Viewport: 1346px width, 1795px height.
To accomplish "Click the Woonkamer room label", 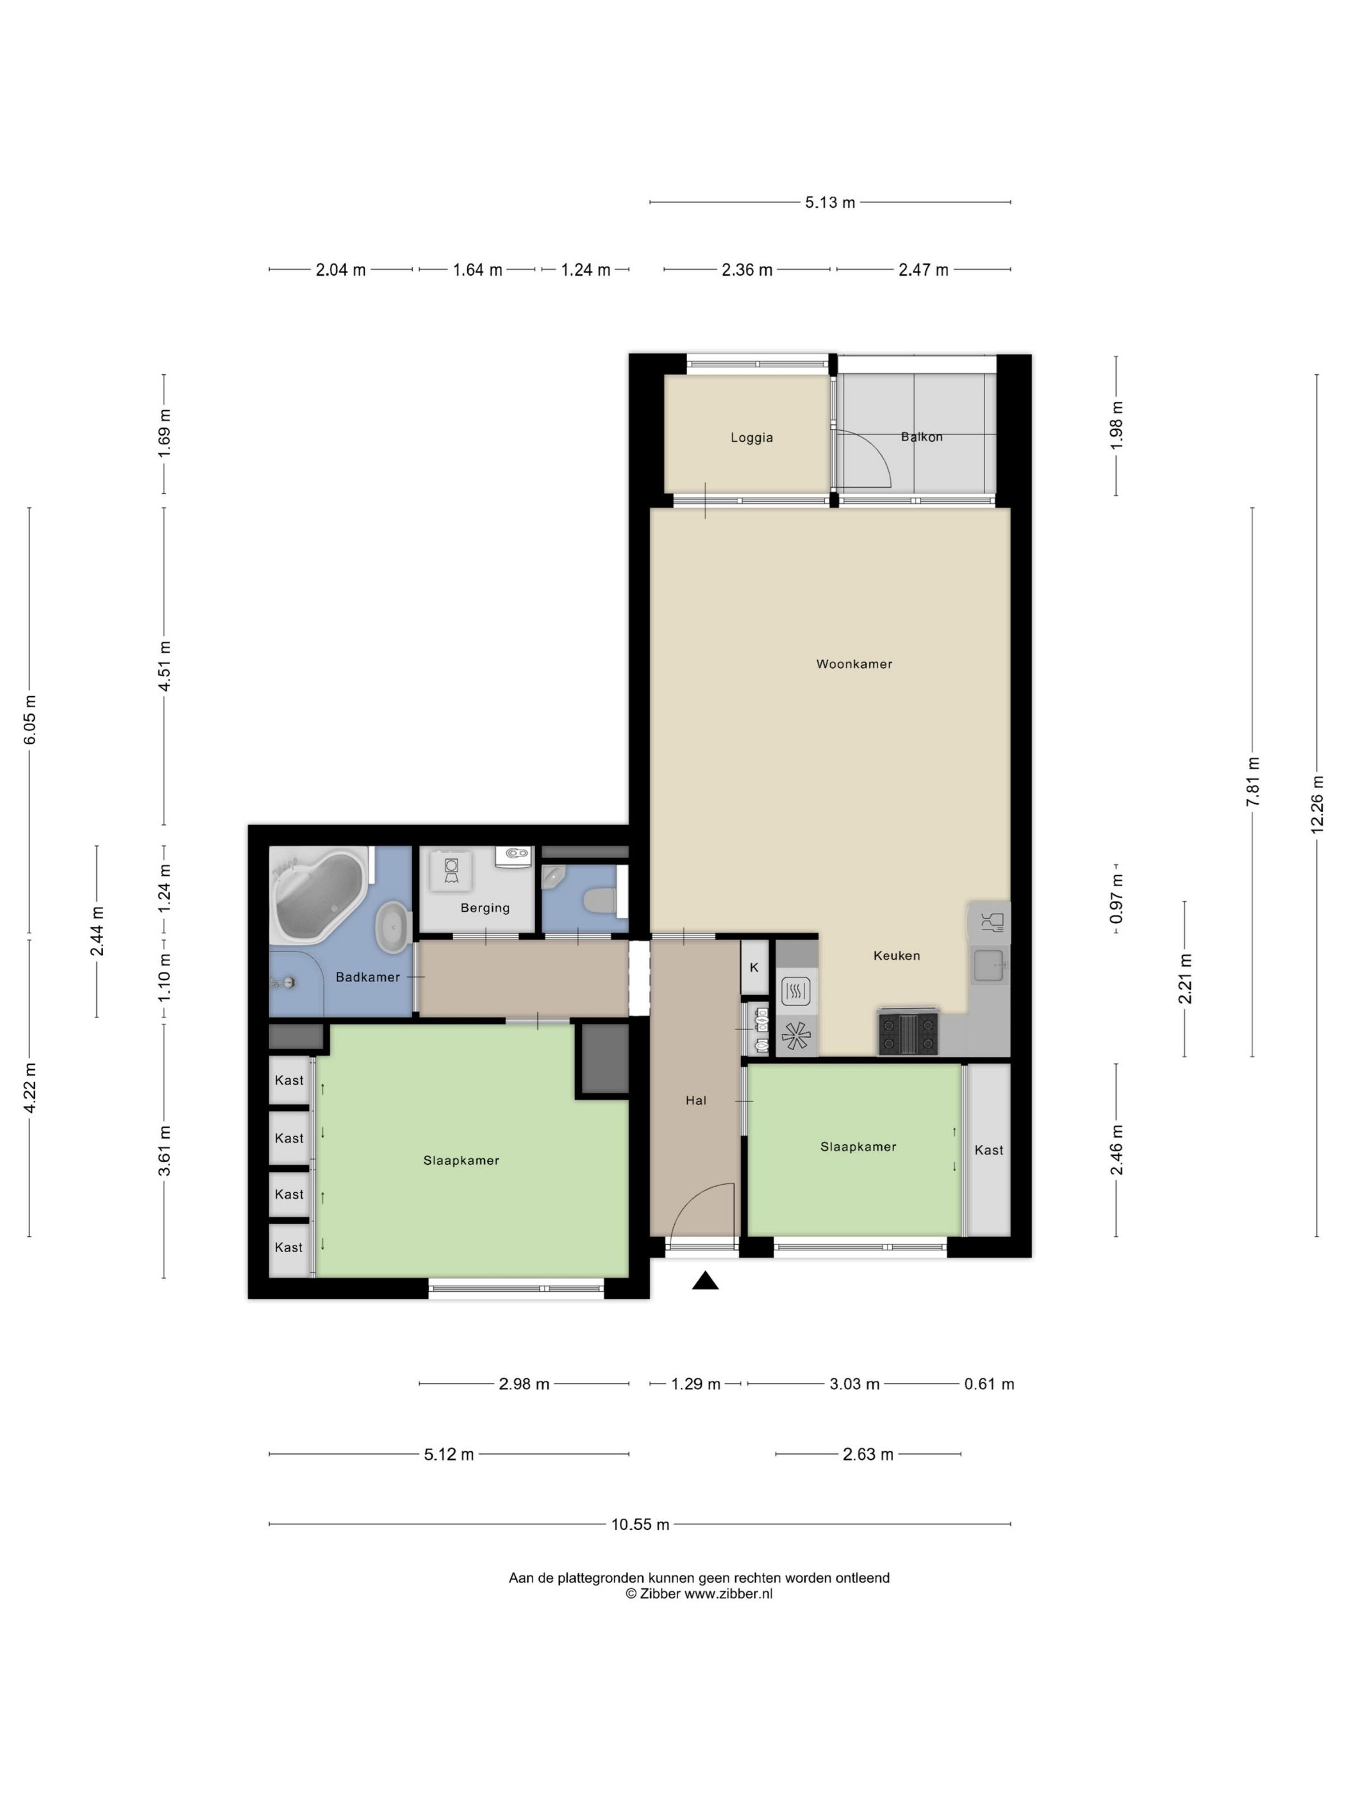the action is pyautogui.click(x=854, y=664).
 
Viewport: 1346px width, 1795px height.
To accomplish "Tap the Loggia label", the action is pyautogui.click(x=751, y=437).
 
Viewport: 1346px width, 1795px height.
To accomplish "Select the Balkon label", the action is pyautogui.click(x=922, y=437).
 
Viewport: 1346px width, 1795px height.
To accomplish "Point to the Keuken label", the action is pyautogui.click(x=897, y=955).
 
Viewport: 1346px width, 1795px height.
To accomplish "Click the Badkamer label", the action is pyautogui.click(x=367, y=977).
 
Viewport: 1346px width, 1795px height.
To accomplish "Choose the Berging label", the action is pyautogui.click(x=485, y=908).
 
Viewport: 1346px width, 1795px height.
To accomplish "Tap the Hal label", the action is pyautogui.click(x=696, y=1100).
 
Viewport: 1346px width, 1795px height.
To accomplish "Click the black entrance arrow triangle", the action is pyautogui.click(x=706, y=1280).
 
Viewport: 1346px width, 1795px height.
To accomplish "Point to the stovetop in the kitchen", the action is pyautogui.click(x=908, y=1033).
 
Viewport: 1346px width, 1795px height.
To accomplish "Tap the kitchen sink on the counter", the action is pyautogui.click(x=990, y=965).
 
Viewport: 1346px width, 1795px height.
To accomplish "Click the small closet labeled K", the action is pyautogui.click(x=754, y=967).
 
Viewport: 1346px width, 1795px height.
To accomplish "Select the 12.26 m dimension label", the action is pyautogui.click(x=1317, y=803).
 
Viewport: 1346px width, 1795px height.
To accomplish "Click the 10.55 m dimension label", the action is pyautogui.click(x=640, y=1524).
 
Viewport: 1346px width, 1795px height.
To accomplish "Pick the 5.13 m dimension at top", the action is pyautogui.click(x=830, y=202).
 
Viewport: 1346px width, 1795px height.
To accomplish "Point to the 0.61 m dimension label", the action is pyautogui.click(x=989, y=1384).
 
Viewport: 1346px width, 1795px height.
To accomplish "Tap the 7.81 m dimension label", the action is pyautogui.click(x=1254, y=781).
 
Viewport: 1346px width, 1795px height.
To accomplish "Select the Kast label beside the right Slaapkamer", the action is pyautogui.click(x=989, y=1150).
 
